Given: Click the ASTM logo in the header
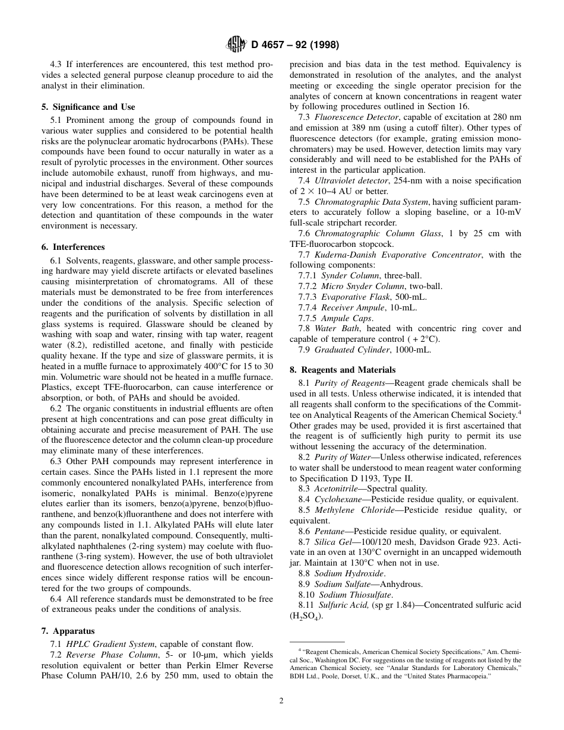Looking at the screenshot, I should [236, 45].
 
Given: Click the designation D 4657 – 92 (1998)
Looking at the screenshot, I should [295, 45].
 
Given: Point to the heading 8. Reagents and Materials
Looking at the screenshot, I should [342, 370].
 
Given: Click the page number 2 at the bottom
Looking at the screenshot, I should [281, 700].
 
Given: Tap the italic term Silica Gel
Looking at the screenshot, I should [332, 542].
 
